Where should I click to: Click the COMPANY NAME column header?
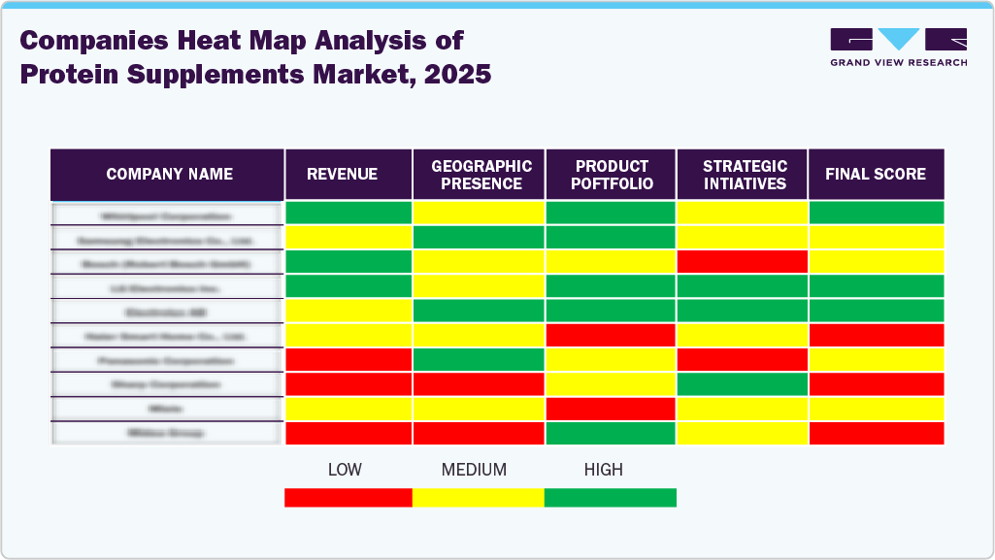pos(169,175)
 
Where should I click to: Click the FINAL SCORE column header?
pos(876,175)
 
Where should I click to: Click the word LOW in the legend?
pos(345,470)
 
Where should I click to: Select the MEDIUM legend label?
pos(474,470)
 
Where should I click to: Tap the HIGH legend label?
pos(603,470)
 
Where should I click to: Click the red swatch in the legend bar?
pos(348,498)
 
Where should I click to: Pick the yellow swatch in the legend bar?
pos(478,498)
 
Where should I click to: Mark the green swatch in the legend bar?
pos(610,498)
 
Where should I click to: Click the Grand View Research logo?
pos(898,47)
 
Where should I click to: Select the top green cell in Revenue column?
pos(348,214)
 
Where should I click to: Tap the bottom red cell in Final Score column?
pos(876,433)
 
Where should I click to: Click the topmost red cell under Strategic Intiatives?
pos(743,262)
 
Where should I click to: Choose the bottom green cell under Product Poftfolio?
pos(611,433)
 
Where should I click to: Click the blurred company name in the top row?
pos(166,215)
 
